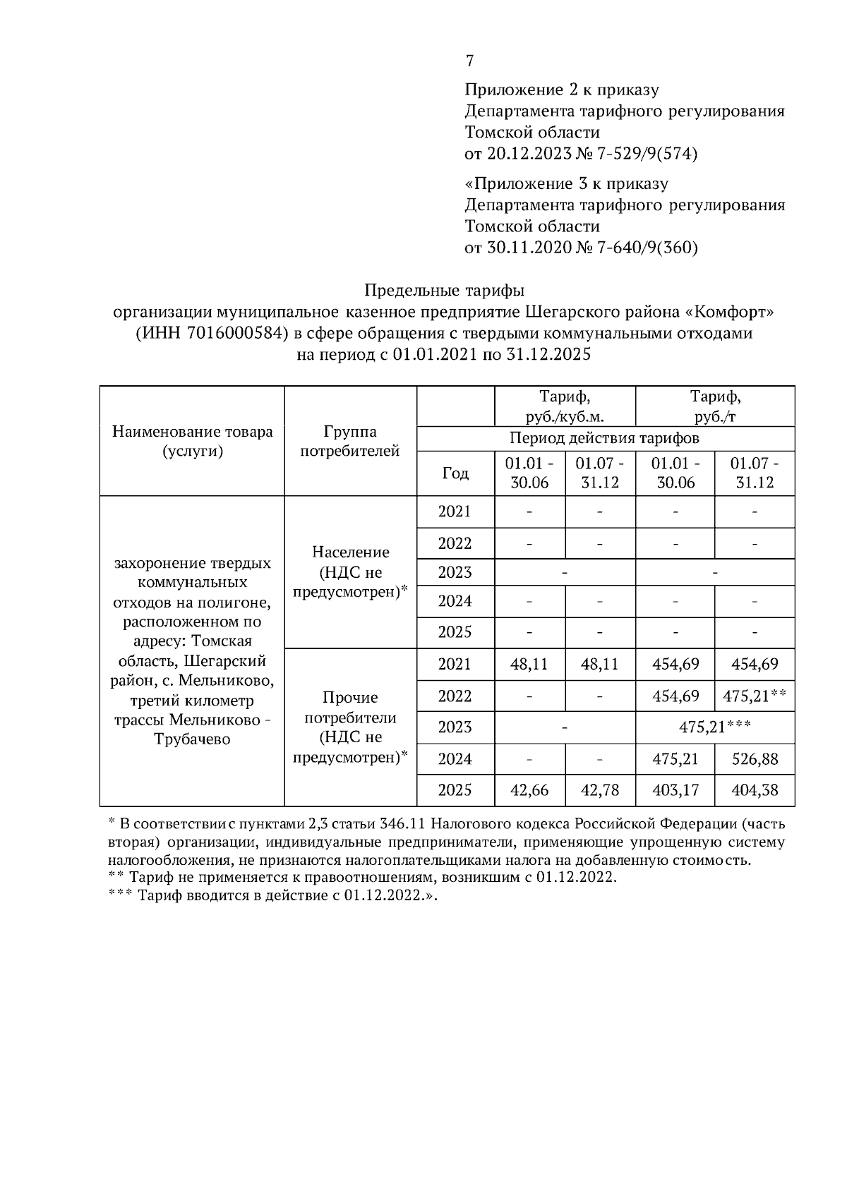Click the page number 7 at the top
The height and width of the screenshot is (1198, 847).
[x=469, y=61]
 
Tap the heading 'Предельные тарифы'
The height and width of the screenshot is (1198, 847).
[x=445, y=291]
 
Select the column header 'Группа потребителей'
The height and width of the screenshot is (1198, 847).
[x=350, y=441]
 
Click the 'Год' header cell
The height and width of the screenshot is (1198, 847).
[x=455, y=473]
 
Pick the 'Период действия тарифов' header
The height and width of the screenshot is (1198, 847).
[x=605, y=438]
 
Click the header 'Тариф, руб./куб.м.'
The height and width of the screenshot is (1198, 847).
[x=564, y=406]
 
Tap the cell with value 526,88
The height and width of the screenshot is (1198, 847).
[x=755, y=759]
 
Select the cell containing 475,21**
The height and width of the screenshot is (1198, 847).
[x=755, y=696]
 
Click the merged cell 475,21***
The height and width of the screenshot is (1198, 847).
[x=714, y=727]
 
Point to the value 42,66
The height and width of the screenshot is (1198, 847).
[x=529, y=790]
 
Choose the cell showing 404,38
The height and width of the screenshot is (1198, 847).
[x=755, y=790]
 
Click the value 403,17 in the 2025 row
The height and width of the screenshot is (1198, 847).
[x=675, y=790]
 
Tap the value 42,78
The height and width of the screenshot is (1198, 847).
[x=600, y=790]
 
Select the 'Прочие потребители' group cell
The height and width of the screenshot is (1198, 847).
[x=350, y=727]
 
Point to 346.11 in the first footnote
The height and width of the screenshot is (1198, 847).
[x=401, y=824]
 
